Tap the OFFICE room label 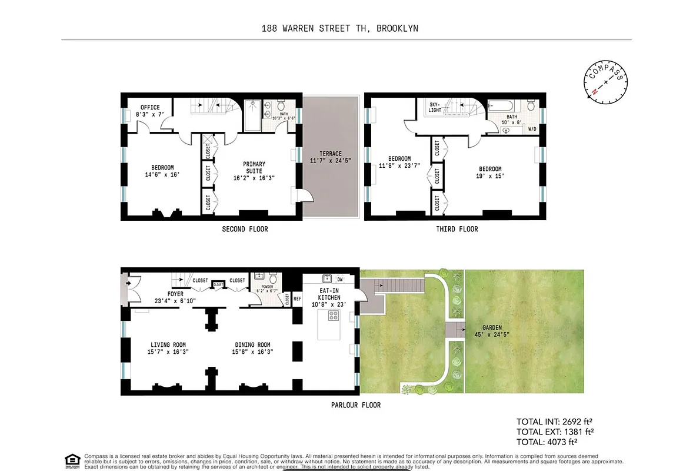click(x=150, y=107)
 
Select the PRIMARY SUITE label click(x=254, y=168)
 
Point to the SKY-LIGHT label click(x=435, y=106)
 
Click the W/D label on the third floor click(x=532, y=128)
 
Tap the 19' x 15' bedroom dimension click(x=489, y=176)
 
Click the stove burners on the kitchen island click(x=334, y=315)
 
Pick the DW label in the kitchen click(x=339, y=279)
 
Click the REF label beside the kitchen click(x=296, y=298)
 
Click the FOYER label click(x=175, y=294)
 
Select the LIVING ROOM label click(x=168, y=345)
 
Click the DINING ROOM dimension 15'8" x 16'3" click(x=253, y=352)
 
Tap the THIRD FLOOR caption click(x=457, y=229)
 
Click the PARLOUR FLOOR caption click(x=355, y=405)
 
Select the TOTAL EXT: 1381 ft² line click(x=554, y=432)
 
